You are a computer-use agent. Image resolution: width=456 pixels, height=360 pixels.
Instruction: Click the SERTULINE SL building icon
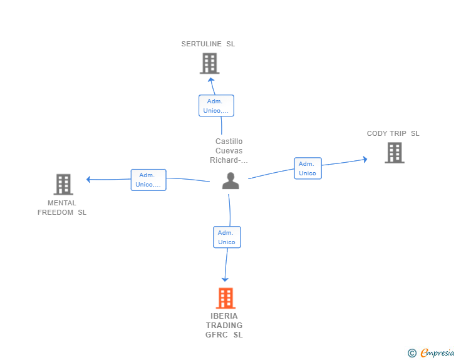209,63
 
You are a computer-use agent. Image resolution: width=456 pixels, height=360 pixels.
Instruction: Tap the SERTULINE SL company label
208,44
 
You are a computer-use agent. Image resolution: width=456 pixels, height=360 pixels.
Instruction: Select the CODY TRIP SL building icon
394,153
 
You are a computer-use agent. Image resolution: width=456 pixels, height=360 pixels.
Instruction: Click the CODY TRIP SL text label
393,133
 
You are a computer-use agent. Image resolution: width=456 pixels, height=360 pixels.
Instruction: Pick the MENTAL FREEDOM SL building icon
63,184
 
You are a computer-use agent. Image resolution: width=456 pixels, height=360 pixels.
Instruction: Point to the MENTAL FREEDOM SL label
62,207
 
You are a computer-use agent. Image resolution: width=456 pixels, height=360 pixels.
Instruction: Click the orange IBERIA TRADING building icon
225,298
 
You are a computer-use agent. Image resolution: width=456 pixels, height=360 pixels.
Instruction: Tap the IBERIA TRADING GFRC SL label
224,326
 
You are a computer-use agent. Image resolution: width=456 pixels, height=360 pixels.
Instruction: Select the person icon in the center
231,181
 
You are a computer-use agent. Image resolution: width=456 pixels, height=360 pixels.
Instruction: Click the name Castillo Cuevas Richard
229,151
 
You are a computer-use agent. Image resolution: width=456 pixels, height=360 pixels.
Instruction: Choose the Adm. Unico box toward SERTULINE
216,105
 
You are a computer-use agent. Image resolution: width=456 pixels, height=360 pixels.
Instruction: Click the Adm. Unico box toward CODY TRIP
308,168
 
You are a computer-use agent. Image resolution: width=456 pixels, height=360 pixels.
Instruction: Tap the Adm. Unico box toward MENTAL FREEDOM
148,180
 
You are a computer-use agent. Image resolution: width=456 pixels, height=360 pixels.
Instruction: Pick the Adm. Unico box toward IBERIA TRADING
227,237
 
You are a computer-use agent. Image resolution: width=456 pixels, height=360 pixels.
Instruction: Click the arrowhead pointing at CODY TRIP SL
365,160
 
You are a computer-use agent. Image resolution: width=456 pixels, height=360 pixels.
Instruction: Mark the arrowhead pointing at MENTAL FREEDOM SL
89,180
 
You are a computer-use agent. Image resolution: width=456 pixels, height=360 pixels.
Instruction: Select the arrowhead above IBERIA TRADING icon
225,279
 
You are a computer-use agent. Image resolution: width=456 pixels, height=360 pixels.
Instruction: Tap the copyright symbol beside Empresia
412,353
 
